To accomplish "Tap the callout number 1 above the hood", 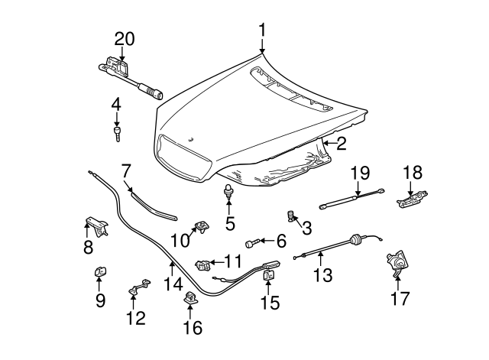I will [261, 30].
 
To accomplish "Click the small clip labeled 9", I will [100, 271].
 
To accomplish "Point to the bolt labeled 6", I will [253, 242].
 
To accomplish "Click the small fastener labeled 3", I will [291, 216].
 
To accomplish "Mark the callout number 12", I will [134, 318].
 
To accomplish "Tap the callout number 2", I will [341, 143].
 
